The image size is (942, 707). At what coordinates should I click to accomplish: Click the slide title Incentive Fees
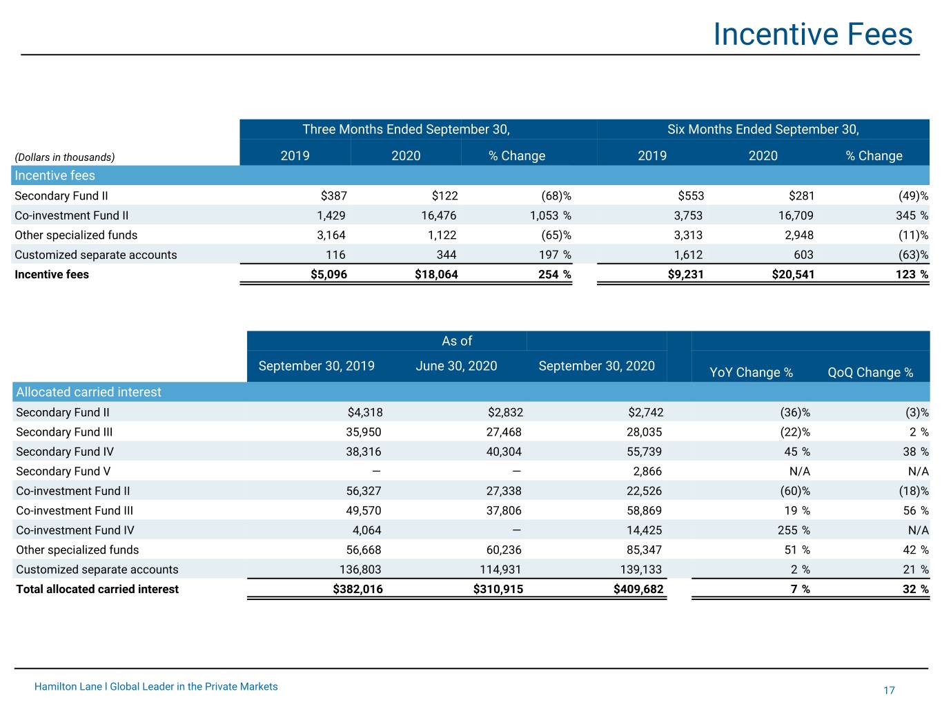[812, 35]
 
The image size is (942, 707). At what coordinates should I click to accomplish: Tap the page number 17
[889, 690]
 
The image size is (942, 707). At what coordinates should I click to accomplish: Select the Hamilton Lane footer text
[156, 686]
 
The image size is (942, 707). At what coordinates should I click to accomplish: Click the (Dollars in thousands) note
[65, 157]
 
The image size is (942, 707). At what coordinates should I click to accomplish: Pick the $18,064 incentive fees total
[436, 274]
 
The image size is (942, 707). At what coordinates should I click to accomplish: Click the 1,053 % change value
[550, 215]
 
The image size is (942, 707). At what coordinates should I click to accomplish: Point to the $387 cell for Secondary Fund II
[334, 196]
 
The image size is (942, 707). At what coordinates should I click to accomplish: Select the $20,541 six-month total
[793, 274]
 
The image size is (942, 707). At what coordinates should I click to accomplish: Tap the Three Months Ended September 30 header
[406, 129]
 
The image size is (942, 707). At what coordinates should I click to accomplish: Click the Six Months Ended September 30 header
[763, 129]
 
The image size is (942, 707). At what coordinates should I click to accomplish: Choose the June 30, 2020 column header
[456, 366]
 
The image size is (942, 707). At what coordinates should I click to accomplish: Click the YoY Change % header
[751, 372]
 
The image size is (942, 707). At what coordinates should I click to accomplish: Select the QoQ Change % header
[870, 372]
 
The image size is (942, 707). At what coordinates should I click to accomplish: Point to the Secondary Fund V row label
[63, 472]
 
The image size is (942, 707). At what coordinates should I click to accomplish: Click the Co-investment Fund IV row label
[75, 530]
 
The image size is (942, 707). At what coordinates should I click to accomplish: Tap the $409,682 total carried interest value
[638, 589]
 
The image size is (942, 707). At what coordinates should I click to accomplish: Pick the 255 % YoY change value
[794, 530]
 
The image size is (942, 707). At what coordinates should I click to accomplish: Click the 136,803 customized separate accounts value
[360, 570]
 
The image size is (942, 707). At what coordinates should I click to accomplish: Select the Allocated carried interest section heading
[88, 392]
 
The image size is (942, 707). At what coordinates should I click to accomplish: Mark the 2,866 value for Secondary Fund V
[647, 472]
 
